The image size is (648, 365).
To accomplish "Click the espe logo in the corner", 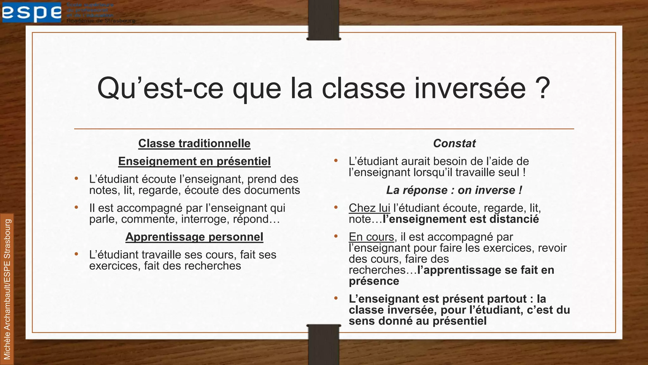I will (x=32, y=12).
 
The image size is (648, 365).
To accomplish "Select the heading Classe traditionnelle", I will (x=194, y=144).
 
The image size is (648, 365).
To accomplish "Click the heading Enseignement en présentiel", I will (x=194, y=162).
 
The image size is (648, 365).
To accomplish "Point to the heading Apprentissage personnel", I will (x=194, y=237).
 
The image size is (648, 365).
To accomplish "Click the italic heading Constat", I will (x=454, y=144).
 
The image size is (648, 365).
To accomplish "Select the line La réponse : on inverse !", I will (x=454, y=190).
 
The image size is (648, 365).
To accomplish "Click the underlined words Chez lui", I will (x=369, y=208).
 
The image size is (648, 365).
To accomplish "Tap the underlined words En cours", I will (x=371, y=237).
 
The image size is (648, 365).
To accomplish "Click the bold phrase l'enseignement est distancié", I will (x=461, y=219).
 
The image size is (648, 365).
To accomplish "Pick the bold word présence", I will (x=374, y=281).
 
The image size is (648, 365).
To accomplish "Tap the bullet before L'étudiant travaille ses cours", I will (x=76, y=254).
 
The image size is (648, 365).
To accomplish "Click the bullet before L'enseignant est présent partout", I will (x=336, y=298).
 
